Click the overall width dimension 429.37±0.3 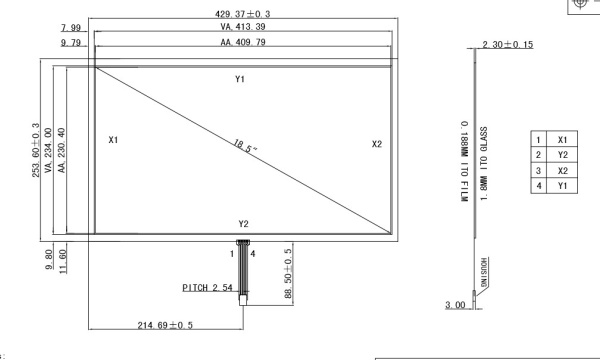click(243, 14)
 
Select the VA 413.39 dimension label click(243, 27)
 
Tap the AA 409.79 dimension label click(243, 42)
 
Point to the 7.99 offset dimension click(71, 28)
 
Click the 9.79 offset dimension click(71, 42)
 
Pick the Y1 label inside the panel click(240, 79)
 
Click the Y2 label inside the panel click(244, 224)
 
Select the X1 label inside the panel click(113, 140)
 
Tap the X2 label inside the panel click(377, 144)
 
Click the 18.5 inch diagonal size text click(245, 146)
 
